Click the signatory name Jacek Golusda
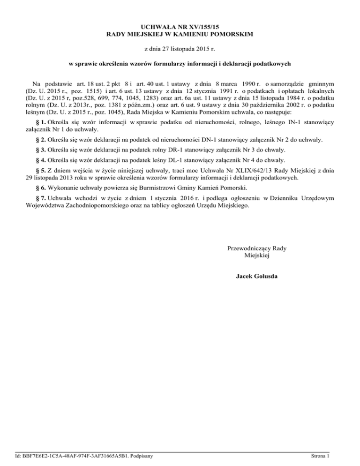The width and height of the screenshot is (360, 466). (x=256, y=276)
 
